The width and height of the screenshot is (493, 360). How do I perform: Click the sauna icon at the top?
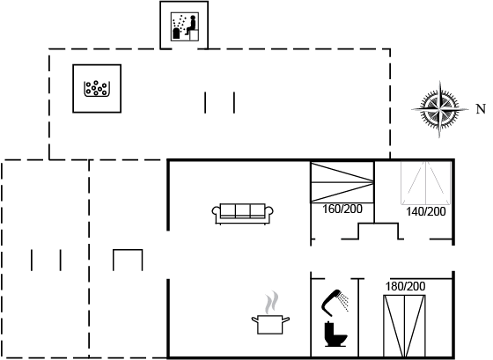point(185,26)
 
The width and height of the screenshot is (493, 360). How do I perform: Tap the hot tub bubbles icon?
point(97,89)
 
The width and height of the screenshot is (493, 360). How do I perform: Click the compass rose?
point(440,109)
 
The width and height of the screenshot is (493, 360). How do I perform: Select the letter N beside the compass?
point(481,109)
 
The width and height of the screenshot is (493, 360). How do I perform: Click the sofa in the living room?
point(242,214)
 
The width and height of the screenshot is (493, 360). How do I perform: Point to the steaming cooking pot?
point(270,324)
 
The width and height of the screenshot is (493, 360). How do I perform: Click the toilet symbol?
point(335,334)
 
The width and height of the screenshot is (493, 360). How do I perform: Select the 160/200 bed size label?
point(342,209)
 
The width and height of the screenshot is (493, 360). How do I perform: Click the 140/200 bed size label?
point(426,211)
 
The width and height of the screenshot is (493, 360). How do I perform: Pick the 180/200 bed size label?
point(405,286)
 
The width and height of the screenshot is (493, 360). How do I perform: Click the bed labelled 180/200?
point(404,326)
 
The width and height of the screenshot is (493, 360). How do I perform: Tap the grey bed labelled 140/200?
point(426,183)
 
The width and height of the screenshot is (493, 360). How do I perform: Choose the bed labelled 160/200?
point(342,182)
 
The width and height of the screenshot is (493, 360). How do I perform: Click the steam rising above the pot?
point(272,303)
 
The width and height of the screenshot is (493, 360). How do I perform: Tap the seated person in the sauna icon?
point(191,26)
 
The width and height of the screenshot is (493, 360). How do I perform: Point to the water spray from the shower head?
point(344,302)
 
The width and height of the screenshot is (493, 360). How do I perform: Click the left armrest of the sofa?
point(216,211)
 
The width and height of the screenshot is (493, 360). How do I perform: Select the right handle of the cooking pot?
point(286,320)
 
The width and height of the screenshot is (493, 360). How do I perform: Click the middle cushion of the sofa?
point(242,210)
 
